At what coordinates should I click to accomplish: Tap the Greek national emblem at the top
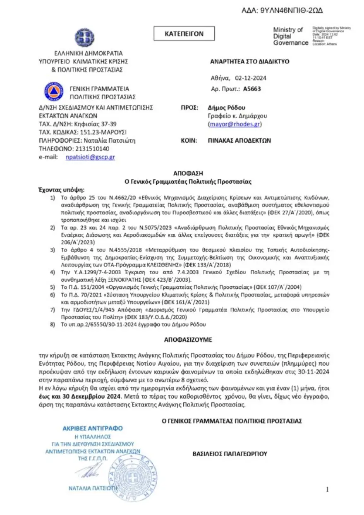(84, 38)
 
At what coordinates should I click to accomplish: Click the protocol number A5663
(252, 89)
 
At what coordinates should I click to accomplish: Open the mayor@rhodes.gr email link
(235, 124)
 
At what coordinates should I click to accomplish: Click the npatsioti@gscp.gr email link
(90, 157)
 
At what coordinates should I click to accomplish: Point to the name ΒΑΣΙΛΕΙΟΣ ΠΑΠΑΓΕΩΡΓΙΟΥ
(230, 454)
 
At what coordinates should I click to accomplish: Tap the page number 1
(327, 490)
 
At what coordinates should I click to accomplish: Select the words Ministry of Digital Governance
(290, 36)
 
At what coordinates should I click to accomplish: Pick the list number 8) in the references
(52, 324)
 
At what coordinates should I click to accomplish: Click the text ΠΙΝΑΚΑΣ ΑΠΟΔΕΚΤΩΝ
(239, 140)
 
